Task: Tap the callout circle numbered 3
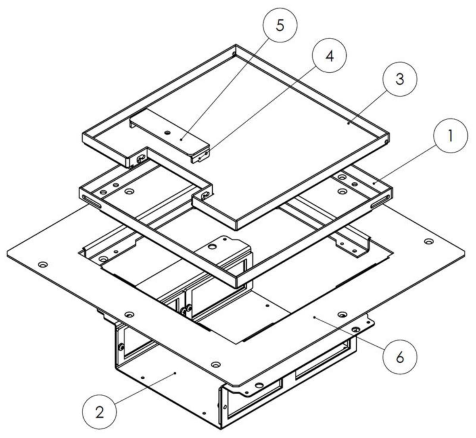[400, 79]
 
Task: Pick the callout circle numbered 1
[451, 136]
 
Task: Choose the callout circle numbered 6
[400, 357]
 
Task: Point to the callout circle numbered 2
[100, 412]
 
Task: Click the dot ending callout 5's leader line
[181, 139]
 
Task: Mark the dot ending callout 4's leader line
[200, 158]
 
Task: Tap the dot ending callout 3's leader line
[348, 123]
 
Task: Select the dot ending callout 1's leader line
[374, 183]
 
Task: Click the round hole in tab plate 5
[168, 132]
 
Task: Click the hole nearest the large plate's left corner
[43, 264]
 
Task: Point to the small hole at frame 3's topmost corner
[234, 54]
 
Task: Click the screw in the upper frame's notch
[141, 158]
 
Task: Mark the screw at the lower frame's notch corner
[205, 196]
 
